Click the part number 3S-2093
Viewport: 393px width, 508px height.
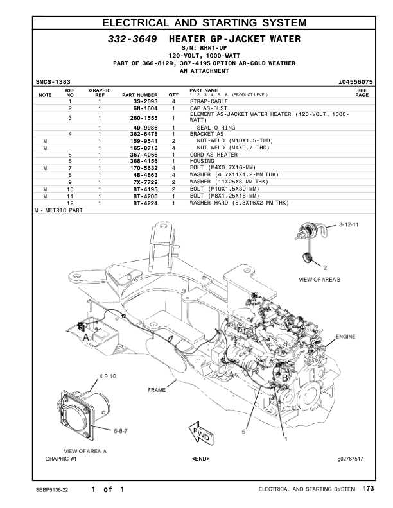145,102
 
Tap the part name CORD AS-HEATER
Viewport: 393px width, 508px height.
213,155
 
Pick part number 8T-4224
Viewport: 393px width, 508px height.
145,203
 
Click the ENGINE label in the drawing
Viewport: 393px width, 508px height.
345,336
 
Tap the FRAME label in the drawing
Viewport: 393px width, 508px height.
157,390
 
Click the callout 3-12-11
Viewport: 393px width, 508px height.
350,226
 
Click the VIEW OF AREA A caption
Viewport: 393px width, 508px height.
85,451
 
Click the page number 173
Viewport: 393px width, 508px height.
367,489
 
